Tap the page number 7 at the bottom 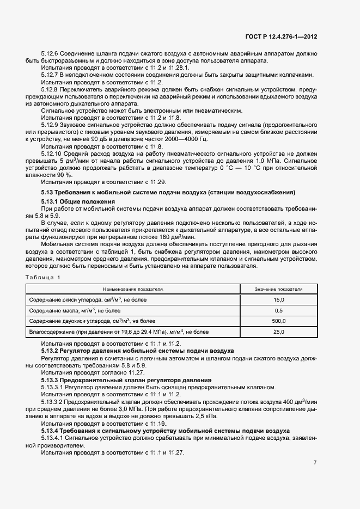tap(315, 462)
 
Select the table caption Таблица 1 tap(44, 278)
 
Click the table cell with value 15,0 tap(279, 299)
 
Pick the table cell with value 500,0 tap(279, 321)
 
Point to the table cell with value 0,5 tap(279, 310)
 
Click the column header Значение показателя tap(279, 289)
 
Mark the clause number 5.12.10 tap(52, 154)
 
